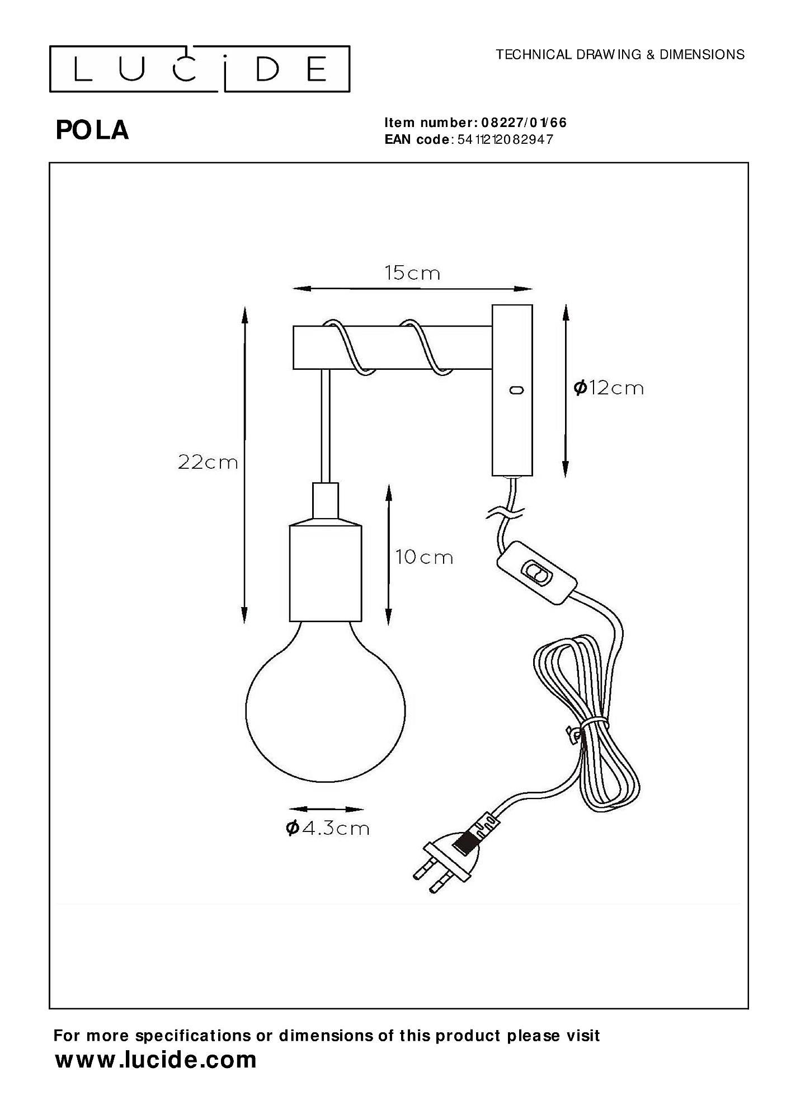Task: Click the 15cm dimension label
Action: coord(412,273)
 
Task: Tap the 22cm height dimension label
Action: coord(208,462)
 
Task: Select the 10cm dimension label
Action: coord(424,557)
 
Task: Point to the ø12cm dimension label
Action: coord(609,388)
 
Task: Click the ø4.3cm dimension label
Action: coord(328,828)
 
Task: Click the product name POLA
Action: coord(92,130)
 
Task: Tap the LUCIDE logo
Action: coord(200,69)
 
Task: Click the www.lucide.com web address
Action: coord(156,1060)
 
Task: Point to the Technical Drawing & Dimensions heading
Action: coord(620,54)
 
